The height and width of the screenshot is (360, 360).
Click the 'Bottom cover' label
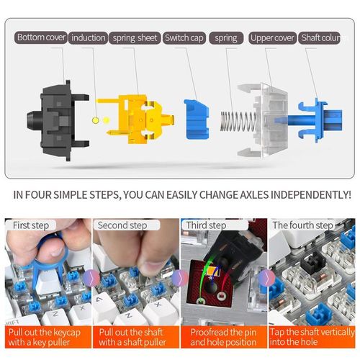coord(41,37)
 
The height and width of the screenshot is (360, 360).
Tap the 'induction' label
coord(88,38)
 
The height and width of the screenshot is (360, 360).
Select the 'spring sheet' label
coord(135,38)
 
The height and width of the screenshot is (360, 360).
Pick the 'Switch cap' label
coord(184,38)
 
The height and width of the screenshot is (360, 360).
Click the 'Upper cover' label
coord(272,38)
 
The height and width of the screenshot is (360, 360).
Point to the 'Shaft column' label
coord(320,38)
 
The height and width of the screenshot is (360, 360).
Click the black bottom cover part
coord(58,120)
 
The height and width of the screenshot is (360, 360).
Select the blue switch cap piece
coord(197,120)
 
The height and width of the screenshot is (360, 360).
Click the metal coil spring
coord(238,121)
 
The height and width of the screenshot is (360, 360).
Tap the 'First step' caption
coord(31,225)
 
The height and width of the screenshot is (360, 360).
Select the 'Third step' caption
coord(206,225)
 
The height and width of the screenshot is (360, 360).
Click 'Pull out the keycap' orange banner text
coord(45,333)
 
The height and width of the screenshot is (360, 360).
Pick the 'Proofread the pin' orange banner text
coord(223,333)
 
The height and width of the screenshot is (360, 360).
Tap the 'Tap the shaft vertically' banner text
coord(312,332)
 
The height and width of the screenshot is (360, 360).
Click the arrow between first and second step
coord(91,278)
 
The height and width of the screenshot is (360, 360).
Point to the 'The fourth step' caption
coord(302,225)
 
